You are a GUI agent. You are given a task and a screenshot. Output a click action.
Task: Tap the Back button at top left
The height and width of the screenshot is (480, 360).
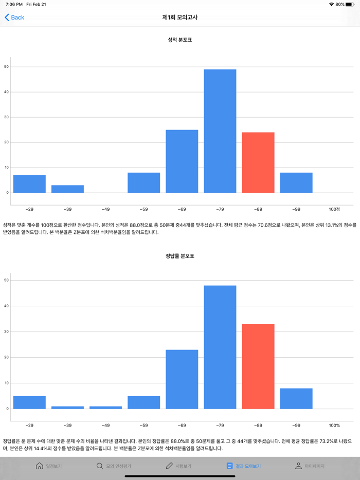[14, 17]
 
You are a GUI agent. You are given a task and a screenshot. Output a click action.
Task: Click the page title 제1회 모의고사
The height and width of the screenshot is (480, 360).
[180, 17]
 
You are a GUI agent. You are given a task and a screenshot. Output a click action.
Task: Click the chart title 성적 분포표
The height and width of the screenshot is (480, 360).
[180, 40]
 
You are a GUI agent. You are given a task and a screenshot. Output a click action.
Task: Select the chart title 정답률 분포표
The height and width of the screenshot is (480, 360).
[180, 256]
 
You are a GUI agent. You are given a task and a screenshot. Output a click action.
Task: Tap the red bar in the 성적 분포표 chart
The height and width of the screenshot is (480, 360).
[258, 162]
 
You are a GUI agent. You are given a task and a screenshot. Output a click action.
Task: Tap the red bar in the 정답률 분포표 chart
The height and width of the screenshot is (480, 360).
[258, 366]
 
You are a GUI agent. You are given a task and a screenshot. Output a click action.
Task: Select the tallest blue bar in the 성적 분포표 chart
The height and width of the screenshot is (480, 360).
[220, 131]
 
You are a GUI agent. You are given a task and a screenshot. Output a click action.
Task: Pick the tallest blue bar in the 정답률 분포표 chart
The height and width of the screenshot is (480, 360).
[220, 347]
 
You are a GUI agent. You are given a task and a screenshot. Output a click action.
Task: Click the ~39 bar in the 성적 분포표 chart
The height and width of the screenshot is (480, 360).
[67, 189]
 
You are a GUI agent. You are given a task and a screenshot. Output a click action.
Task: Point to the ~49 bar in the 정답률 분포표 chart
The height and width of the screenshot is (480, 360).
[105, 408]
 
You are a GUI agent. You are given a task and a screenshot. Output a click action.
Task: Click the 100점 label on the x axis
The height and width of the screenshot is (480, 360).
[334, 209]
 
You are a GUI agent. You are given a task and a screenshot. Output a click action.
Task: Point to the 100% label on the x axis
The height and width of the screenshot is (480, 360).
[334, 426]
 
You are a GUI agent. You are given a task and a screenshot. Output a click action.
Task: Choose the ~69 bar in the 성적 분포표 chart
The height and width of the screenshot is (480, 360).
[182, 161]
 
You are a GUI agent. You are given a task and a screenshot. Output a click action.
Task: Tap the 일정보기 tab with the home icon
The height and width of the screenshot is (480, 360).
[49, 466]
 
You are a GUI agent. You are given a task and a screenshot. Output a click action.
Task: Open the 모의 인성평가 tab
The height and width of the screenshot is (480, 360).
[114, 466]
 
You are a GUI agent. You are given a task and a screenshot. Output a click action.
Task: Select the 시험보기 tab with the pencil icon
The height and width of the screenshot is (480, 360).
[178, 466]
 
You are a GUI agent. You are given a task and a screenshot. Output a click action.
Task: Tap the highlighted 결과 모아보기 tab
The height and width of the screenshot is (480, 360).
[243, 466]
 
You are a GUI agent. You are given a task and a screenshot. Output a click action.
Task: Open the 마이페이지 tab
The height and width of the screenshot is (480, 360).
[310, 466]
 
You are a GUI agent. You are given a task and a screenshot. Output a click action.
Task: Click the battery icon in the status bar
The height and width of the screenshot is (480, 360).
[350, 4]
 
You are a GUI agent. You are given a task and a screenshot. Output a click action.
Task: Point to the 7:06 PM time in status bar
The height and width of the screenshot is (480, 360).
[14, 4]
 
